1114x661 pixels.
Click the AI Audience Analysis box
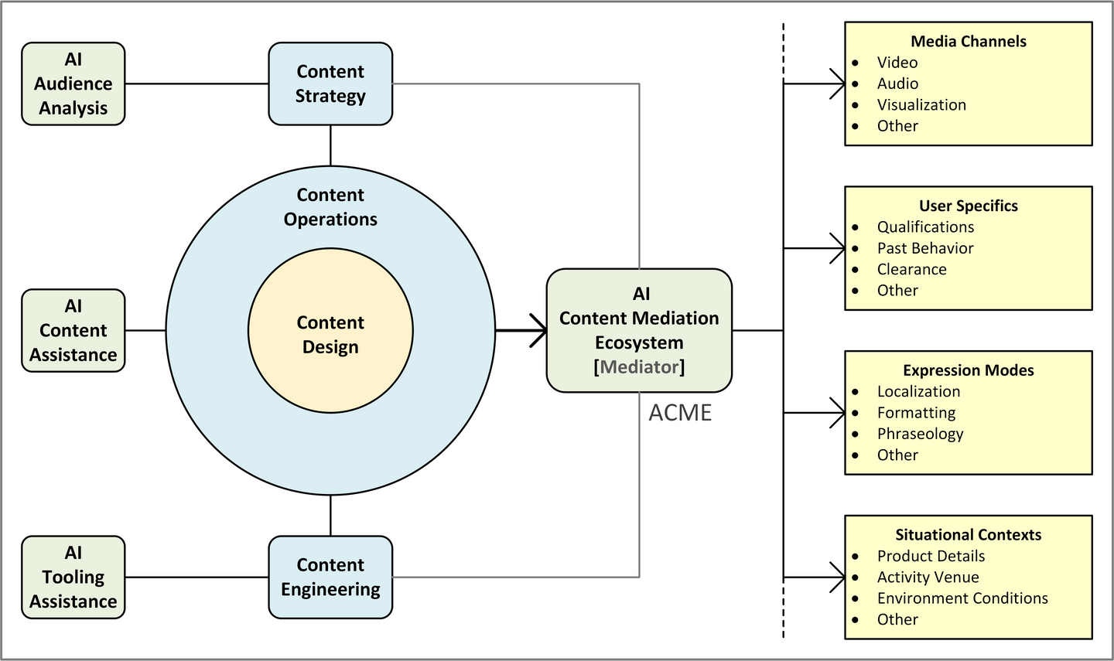coord(73,83)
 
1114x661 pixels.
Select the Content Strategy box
coord(330,83)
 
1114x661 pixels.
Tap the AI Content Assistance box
coord(73,331)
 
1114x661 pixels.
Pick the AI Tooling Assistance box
coord(73,577)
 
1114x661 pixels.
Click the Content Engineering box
coord(330,577)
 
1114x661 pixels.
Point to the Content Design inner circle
coord(330,331)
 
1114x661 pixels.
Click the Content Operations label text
coord(330,206)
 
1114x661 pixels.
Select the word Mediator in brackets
coord(639,366)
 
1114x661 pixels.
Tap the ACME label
coord(680,413)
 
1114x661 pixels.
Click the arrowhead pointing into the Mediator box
coord(539,331)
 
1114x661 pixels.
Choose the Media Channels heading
coord(969,41)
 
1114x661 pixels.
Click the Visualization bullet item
coord(921,105)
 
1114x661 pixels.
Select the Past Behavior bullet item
coord(925,248)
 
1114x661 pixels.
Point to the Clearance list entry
coord(911,269)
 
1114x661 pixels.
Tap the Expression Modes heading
coord(969,370)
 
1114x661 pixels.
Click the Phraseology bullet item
coord(920,434)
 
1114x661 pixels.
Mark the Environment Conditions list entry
coord(962,598)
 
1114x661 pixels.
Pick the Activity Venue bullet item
coord(928,577)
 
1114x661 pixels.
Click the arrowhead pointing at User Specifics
coord(838,248)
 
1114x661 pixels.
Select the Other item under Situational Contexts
coord(897,620)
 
